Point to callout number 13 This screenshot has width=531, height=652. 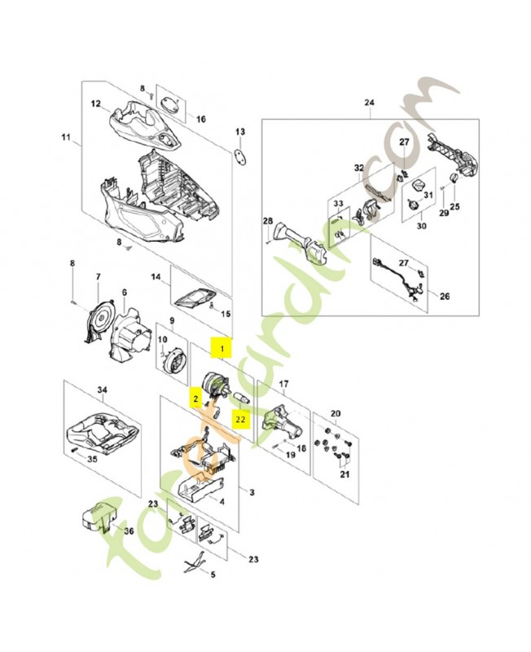tap(240, 132)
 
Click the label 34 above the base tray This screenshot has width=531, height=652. tap(102, 390)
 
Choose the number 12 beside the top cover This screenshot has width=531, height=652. tap(95, 104)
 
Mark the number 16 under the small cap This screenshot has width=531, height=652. tap(201, 118)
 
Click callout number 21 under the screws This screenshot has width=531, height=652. tap(344, 474)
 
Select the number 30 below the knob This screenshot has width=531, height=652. tap(422, 226)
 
